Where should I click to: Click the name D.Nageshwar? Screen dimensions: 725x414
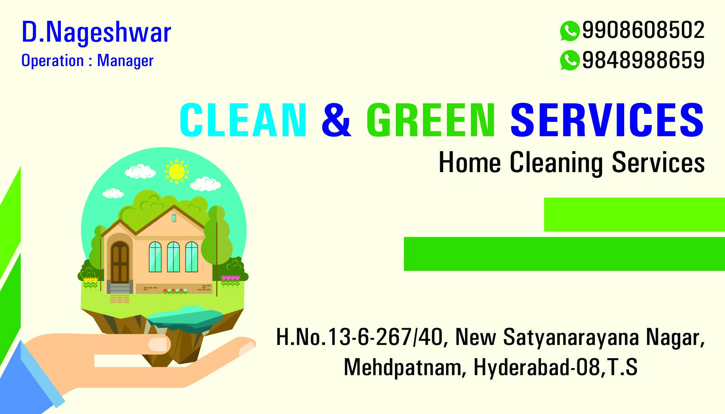[96, 32]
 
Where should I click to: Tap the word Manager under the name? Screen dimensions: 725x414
[125, 61]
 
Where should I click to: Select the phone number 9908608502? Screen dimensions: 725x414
[643, 30]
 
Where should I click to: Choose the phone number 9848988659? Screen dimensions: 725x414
[643, 60]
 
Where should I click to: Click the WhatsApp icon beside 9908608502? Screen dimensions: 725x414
[569, 31]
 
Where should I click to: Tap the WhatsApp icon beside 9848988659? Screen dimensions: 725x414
[569, 60]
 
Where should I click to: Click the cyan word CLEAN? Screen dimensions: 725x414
[243, 120]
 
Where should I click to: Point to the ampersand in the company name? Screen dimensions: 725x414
[336, 120]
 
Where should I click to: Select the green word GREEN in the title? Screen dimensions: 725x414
[431, 120]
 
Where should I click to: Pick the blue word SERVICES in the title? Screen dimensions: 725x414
[607, 120]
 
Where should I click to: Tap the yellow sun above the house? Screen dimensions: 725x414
[176, 171]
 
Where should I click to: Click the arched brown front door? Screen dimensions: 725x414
[120, 262]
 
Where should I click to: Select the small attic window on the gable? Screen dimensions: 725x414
[174, 218]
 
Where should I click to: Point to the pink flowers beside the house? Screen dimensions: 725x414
[230, 277]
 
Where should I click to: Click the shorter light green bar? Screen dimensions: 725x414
[635, 215]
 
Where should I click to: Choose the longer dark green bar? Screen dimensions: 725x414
[564, 254]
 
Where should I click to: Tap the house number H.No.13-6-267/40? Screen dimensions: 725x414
[359, 337]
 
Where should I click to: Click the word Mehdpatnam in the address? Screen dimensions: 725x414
[403, 367]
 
